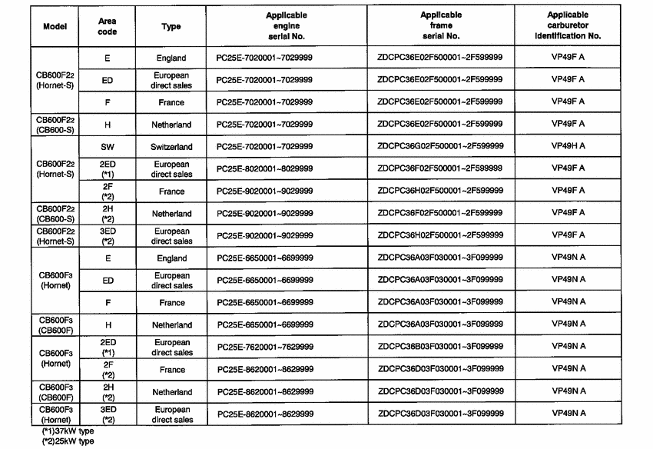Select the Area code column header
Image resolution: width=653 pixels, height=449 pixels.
point(108,26)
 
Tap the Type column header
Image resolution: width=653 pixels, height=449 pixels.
point(171,26)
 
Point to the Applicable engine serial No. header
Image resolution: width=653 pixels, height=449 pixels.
point(286,26)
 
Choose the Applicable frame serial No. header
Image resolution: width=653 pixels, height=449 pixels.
point(441,25)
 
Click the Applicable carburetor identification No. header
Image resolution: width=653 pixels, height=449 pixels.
point(568,25)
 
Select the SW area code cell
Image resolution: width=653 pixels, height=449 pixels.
point(108,146)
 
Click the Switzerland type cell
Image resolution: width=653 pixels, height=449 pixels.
point(171,146)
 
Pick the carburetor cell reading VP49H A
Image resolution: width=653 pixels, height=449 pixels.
point(568,145)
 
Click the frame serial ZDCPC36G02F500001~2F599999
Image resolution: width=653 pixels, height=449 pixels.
point(441,145)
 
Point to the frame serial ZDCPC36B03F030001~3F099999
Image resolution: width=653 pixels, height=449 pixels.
point(441,347)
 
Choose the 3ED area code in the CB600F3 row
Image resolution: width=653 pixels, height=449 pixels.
point(108,415)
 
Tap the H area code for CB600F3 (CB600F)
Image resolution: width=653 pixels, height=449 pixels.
point(108,325)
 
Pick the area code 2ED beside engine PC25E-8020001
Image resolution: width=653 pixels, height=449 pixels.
point(108,169)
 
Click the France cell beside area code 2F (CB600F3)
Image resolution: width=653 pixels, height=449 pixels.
point(171,370)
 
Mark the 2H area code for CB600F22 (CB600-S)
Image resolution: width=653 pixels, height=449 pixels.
point(108,213)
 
